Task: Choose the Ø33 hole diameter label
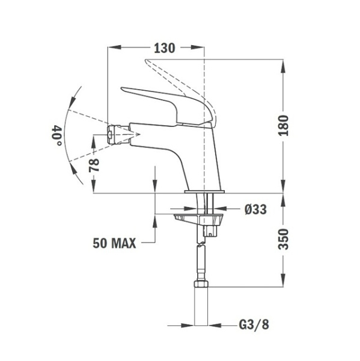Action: pos(255,209)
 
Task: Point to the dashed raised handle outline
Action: pos(180,75)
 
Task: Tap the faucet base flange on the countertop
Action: pos(204,192)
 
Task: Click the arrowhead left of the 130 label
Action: pos(116,49)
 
